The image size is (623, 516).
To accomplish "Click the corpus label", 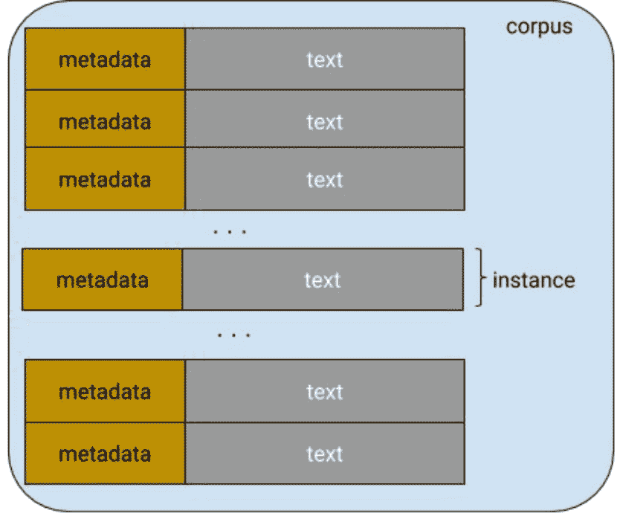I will (x=539, y=27).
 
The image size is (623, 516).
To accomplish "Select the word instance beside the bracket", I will (x=533, y=280).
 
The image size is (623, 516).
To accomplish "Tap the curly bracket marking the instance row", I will (x=480, y=279).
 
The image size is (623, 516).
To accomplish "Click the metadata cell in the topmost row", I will (x=105, y=59).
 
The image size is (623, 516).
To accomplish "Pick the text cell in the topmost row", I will (x=325, y=59).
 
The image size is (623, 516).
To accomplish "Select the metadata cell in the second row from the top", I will (x=105, y=121).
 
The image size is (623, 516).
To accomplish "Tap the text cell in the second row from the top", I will (x=325, y=121).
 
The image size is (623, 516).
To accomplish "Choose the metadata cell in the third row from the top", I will (x=105, y=180).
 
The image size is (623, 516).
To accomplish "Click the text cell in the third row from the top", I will (x=325, y=180).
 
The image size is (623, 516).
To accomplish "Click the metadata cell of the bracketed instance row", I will (x=103, y=280).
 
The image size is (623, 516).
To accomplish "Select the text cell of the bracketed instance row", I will (x=322, y=280).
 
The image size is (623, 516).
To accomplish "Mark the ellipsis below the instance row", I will (x=233, y=335).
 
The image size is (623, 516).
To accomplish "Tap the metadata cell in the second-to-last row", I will (x=105, y=392).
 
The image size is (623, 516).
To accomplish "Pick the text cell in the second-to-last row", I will (x=325, y=392).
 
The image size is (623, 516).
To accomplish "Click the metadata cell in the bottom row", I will (x=105, y=454).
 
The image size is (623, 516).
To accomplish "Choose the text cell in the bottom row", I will (x=325, y=454).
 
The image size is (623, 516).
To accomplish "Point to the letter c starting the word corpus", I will (x=511, y=28).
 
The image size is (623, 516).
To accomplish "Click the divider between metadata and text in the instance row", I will (x=182, y=280).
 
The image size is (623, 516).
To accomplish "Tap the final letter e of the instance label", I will (x=569, y=281).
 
